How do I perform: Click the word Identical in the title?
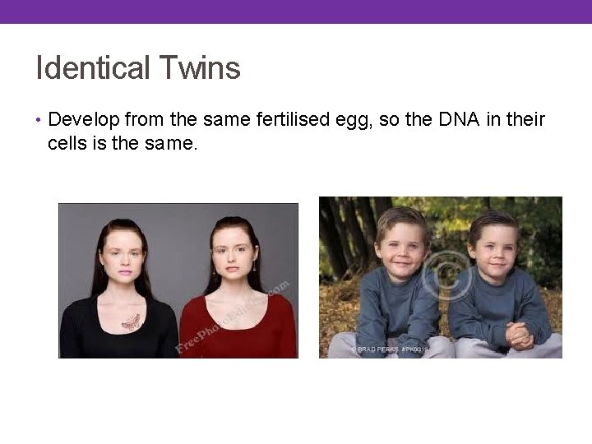coord(86,67)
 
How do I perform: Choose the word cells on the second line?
coord(67,143)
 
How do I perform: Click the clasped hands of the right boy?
coord(519,334)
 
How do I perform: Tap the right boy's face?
coord(493,243)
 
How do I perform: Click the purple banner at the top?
coord(296,12)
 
